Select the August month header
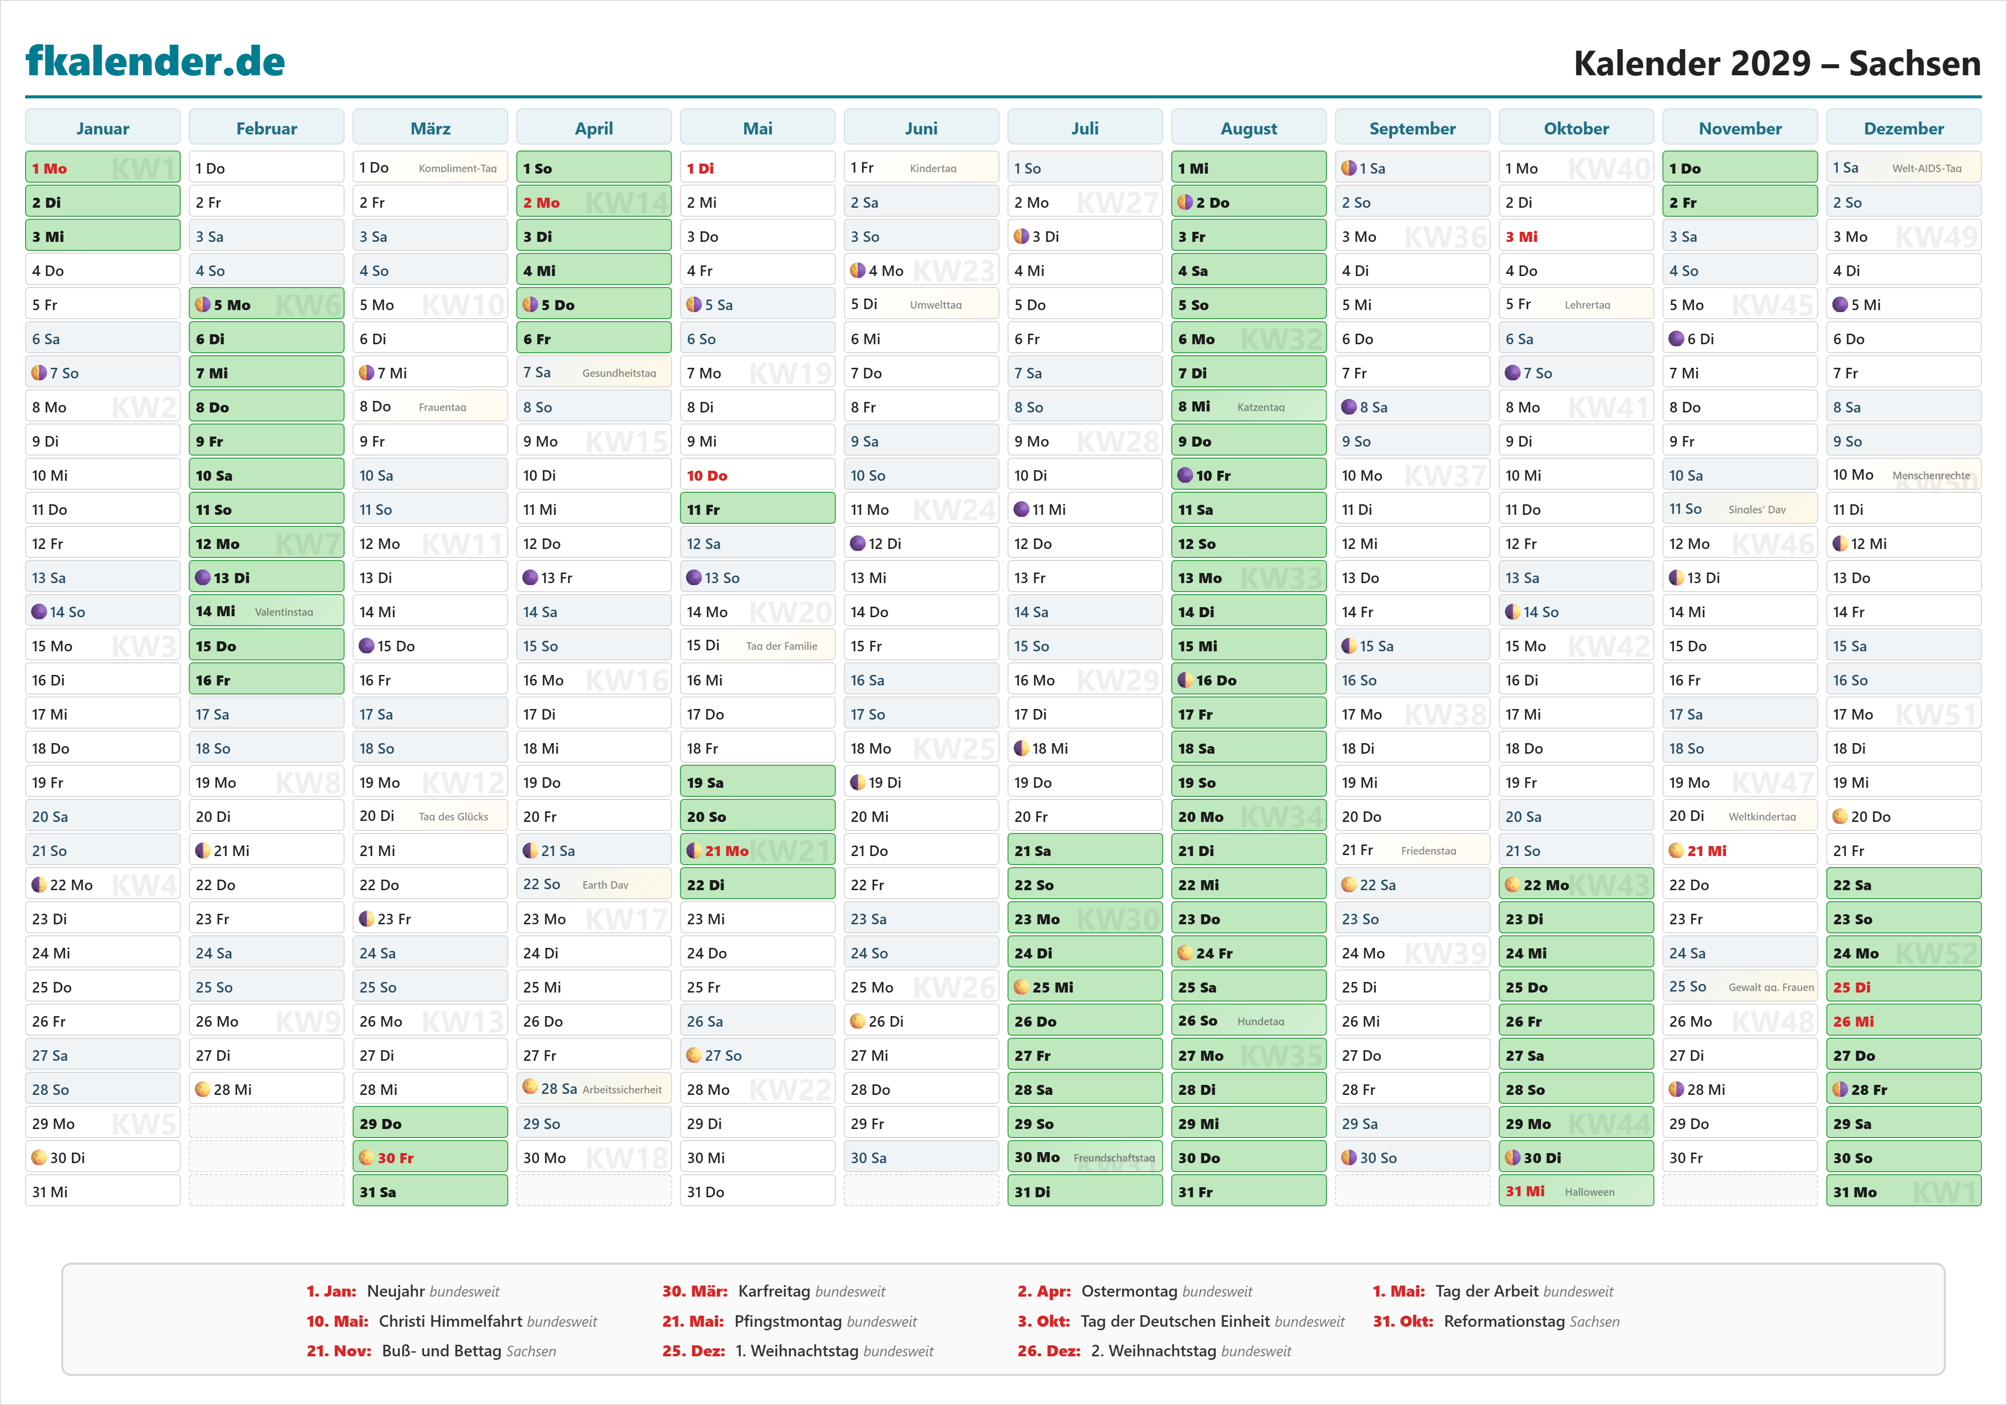coord(1248,128)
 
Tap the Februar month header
coord(266,128)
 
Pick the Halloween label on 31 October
coord(1589,1192)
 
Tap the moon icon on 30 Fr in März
coord(367,1158)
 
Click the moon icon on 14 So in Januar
coord(39,612)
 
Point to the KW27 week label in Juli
coord(1117,203)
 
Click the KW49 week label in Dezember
coord(1936,237)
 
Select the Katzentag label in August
coord(1260,407)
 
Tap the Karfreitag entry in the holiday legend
coord(774,1291)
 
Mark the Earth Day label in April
coord(605,885)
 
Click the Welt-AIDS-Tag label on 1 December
coord(1927,169)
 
